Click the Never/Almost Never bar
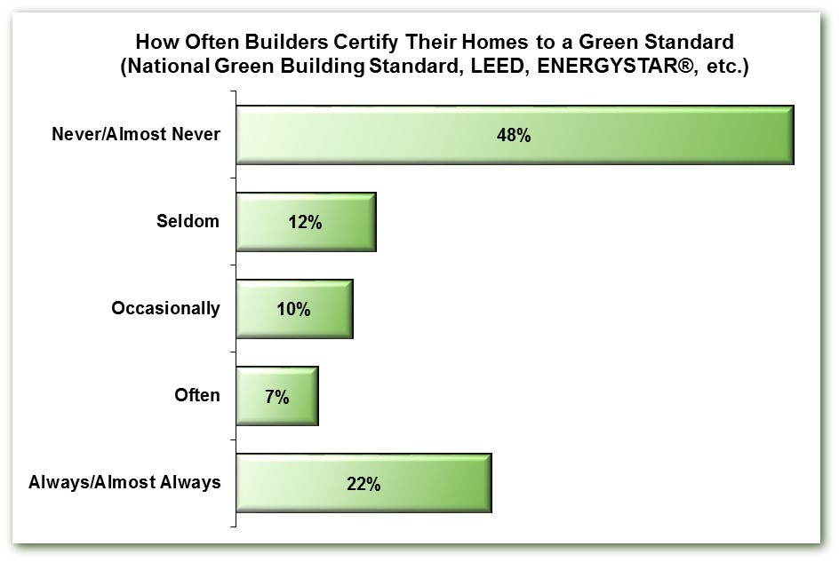pyautogui.click(x=515, y=135)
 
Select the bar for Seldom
pyautogui.click(x=306, y=222)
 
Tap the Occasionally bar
pyautogui.click(x=294, y=309)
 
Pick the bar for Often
pyautogui.click(x=277, y=396)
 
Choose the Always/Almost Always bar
pyautogui.click(x=364, y=483)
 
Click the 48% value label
pyautogui.click(x=514, y=135)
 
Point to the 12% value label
pyautogui.click(x=305, y=223)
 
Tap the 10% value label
pyautogui.click(x=293, y=310)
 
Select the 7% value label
pyautogui.click(x=277, y=397)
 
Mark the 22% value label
pyautogui.click(x=364, y=484)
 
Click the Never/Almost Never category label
pyautogui.click(x=136, y=134)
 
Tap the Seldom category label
pyautogui.click(x=188, y=221)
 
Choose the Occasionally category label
pyautogui.click(x=166, y=309)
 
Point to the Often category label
pyautogui.click(x=197, y=395)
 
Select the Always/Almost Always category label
pyautogui.click(x=124, y=482)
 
